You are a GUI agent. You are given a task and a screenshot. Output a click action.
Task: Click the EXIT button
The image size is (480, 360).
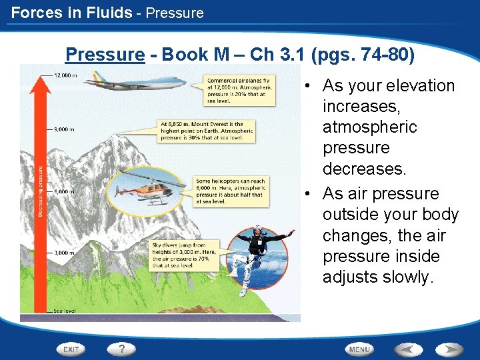click(71, 349)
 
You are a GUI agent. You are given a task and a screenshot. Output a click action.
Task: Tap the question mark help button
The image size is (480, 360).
click(122, 349)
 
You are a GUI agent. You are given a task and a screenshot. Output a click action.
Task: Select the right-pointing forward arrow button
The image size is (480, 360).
click(449, 349)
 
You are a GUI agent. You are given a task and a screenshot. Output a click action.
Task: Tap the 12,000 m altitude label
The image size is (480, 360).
click(65, 75)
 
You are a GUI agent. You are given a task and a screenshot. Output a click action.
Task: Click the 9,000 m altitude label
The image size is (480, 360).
click(65, 130)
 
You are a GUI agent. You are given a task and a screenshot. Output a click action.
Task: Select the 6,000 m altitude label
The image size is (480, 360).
click(65, 192)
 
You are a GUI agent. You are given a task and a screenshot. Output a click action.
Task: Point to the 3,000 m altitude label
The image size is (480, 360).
click(65, 253)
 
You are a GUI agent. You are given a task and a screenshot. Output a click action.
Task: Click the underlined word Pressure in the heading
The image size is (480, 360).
click(105, 54)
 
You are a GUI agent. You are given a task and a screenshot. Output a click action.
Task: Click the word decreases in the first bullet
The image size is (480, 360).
click(363, 169)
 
